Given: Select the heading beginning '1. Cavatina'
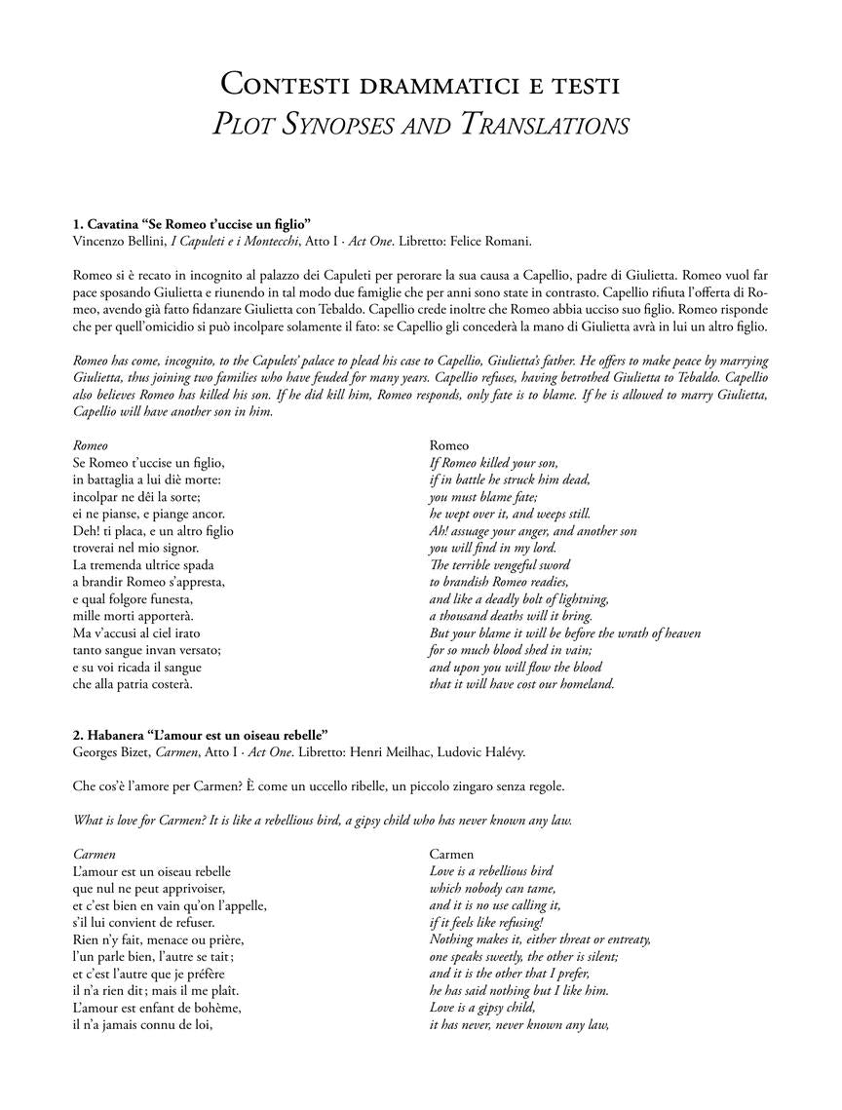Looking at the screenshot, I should (192, 224).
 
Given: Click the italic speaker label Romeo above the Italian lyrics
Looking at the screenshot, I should (91, 445).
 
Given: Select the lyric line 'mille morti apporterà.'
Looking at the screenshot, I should (134, 616).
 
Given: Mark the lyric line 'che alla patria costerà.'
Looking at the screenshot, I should (134, 684).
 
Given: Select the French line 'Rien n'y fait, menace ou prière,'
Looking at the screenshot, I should (159, 939).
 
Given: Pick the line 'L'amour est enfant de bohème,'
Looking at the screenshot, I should (157, 1008).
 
